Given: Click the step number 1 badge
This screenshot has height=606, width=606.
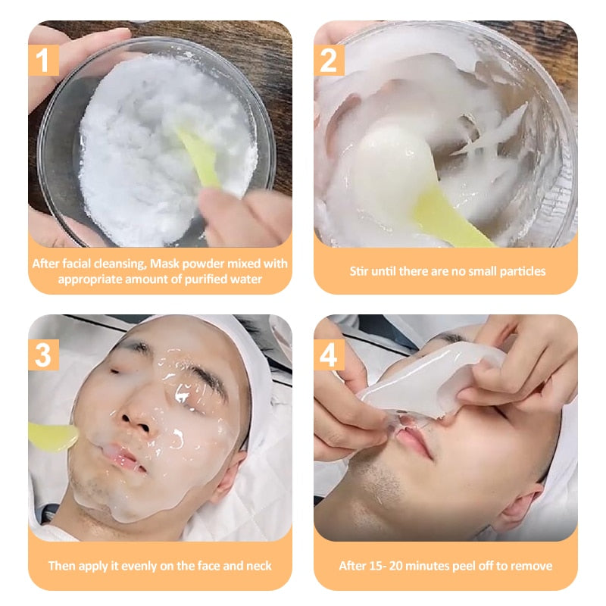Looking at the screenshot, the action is tap(44, 61).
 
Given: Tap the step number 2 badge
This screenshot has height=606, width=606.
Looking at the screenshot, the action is tap(329, 61).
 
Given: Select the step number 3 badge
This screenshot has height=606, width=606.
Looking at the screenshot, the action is tap(44, 355).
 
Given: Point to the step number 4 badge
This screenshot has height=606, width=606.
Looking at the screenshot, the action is tap(329, 355).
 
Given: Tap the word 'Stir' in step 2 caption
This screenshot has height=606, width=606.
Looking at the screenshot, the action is tap(358, 271).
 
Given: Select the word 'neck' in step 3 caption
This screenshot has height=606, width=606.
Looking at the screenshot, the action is tap(258, 565).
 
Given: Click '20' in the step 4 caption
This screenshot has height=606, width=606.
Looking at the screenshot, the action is tap(395, 565).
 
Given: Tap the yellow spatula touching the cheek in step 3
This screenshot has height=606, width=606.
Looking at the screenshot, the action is tap(53, 437).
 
